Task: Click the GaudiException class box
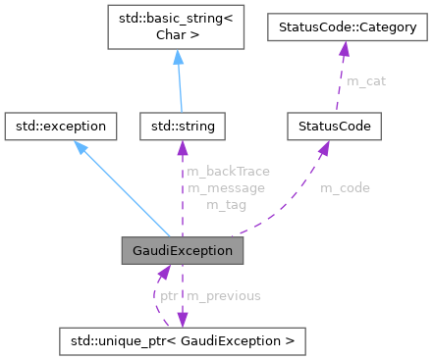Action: tap(182, 250)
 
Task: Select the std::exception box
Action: tap(62, 126)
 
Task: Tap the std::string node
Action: tap(183, 126)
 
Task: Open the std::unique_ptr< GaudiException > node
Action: tap(182, 340)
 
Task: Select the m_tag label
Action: tap(225, 205)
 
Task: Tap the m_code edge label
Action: tap(346, 187)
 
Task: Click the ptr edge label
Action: tap(169, 294)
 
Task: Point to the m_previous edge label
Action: tap(224, 294)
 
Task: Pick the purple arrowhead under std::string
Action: tap(183, 147)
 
